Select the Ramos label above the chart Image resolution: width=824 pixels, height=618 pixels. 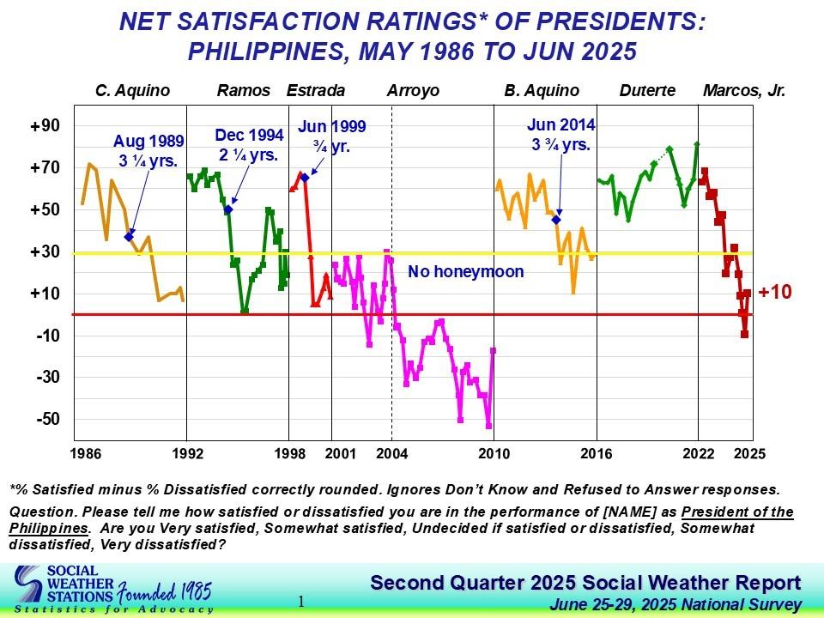[x=244, y=90]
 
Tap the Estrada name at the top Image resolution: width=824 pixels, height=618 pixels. [x=316, y=90]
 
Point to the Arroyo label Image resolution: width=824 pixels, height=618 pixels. [x=413, y=90]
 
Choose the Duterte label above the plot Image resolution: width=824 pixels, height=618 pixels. [x=646, y=90]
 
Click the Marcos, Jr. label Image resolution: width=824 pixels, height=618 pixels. [x=744, y=90]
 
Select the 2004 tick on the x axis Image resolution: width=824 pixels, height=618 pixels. [x=392, y=452]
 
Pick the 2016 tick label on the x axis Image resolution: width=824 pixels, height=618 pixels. [x=596, y=452]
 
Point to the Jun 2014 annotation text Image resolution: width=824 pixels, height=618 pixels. [x=561, y=135]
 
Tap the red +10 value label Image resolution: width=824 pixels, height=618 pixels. [x=775, y=293]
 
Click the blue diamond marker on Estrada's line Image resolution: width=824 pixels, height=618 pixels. [x=305, y=178]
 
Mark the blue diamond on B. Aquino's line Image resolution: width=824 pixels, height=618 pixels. [x=556, y=220]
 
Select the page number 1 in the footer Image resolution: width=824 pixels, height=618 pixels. [x=301, y=602]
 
